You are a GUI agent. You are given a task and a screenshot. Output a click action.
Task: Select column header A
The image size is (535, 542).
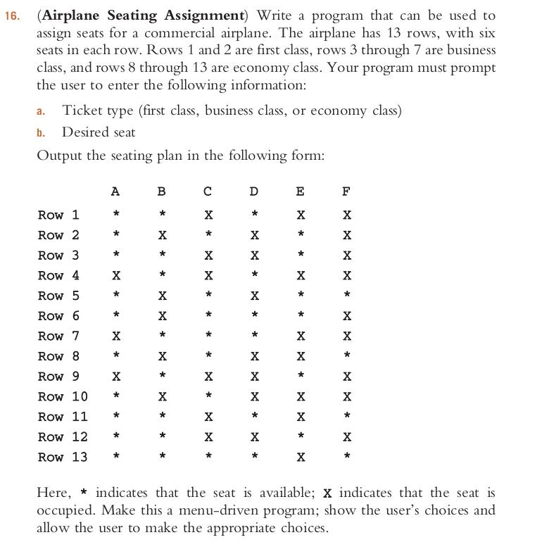(x=115, y=191)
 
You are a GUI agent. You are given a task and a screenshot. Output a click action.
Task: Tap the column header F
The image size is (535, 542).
(x=346, y=191)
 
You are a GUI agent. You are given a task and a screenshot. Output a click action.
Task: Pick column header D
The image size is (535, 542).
(x=254, y=191)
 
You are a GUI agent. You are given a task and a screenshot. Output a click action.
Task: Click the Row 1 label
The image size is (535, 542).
(x=58, y=215)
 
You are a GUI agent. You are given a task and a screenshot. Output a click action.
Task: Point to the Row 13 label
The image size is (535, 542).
(x=63, y=457)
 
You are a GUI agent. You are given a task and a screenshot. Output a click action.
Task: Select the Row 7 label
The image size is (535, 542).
(x=58, y=336)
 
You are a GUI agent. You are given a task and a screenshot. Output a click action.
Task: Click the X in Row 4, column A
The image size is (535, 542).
(x=115, y=275)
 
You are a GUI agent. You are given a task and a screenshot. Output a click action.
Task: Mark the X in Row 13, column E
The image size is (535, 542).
(x=301, y=457)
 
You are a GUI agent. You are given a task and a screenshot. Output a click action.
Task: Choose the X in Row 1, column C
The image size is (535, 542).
(x=208, y=215)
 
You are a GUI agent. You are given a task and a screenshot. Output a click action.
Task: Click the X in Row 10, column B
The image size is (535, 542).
(x=162, y=396)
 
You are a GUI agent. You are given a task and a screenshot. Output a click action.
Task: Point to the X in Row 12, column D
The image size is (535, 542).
(x=254, y=437)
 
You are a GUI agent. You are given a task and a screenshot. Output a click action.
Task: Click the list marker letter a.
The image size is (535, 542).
(x=41, y=111)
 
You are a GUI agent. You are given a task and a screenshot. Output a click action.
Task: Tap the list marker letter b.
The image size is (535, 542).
(x=41, y=132)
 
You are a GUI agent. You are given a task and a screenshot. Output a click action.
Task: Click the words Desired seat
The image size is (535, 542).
(x=99, y=132)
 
